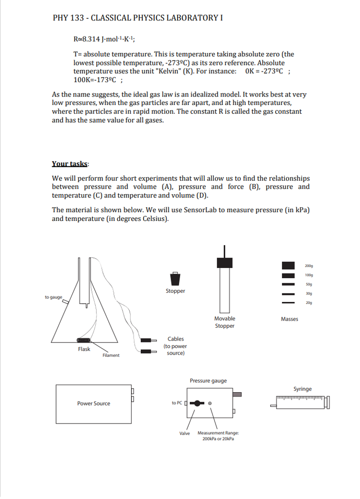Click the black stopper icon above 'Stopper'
pyautogui.click(x=175, y=279)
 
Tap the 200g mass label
pyautogui.click(x=308, y=266)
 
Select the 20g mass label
pyautogui.click(x=308, y=303)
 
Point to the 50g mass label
pyautogui.click(x=308, y=284)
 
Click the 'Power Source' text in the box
pyautogui.click(x=94, y=403)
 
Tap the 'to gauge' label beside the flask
pyautogui.click(x=53, y=297)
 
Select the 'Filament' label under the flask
pyautogui.click(x=111, y=355)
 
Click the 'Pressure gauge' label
pyautogui.click(x=208, y=381)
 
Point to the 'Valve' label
pyautogui.click(x=185, y=433)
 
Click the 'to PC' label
pyautogui.click(x=177, y=403)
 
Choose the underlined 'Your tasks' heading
pyautogui.click(x=70, y=164)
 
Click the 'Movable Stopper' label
pyautogui.click(x=225, y=322)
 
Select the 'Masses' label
pyautogui.click(x=289, y=319)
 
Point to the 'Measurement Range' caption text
pyautogui.click(x=218, y=433)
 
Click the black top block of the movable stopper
pyautogui.click(x=225, y=262)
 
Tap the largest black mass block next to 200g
pyautogui.click(x=288, y=266)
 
